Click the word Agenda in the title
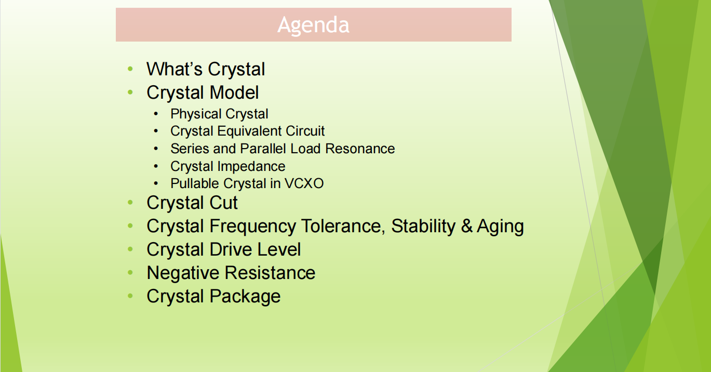(313, 25)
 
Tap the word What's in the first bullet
(175, 69)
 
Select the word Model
(234, 92)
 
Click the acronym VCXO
(304, 183)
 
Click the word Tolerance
(343, 226)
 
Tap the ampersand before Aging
(466, 226)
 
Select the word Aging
(500, 227)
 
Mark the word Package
(245, 297)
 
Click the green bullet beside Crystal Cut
(130, 203)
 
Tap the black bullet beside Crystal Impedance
(155, 166)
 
